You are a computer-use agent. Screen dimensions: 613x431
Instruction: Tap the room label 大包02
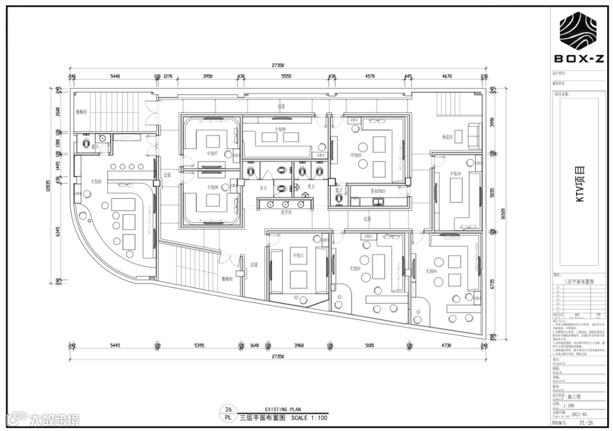tap(96, 182)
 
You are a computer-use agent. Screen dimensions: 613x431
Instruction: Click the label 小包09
tap(280, 129)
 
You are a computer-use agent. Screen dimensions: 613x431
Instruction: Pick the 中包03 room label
tap(356, 154)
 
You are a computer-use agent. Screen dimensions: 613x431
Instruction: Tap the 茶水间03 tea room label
tap(378, 191)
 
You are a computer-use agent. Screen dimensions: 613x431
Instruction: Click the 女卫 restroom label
tap(263, 187)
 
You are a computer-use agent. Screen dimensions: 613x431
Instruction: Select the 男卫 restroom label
tap(311, 186)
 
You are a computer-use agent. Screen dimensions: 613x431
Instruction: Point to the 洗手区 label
tap(285, 212)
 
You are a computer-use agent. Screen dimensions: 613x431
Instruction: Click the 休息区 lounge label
tap(447, 137)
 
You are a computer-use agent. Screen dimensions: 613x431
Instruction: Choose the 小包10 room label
tap(455, 173)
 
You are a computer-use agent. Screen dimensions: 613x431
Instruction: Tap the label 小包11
tap(298, 256)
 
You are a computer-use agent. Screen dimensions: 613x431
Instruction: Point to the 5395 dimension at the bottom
tap(199, 345)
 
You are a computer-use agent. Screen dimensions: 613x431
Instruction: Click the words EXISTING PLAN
tap(282, 409)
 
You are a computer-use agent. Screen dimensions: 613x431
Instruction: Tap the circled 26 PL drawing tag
tap(228, 413)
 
